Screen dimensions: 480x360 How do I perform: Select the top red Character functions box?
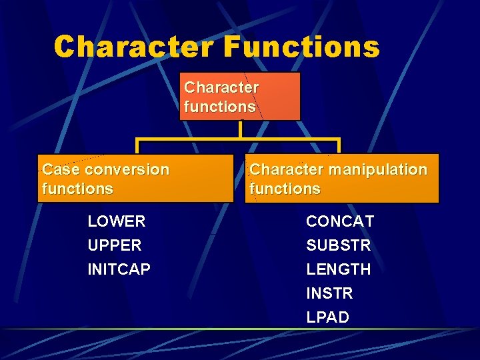(240, 97)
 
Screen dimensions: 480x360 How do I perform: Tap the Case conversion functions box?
(136, 179)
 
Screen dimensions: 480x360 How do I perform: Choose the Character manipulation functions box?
(344, 179)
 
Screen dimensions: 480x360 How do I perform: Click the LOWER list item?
(117, 221)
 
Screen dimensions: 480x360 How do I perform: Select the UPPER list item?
(115, 245)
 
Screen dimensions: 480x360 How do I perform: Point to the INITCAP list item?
(119, 269)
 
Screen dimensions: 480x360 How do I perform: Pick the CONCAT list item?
(340, 221)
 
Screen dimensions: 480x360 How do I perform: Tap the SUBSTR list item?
(339, 245)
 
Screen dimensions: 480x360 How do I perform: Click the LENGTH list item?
(339, 269)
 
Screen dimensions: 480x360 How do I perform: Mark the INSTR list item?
(329, 293)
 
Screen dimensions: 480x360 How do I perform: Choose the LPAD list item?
(327, 317)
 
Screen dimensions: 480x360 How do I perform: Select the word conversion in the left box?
(127, 169)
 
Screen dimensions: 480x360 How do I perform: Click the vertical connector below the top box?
(239, 129)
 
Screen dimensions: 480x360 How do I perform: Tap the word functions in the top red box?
(219, 107)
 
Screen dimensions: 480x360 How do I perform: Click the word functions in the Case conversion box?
(77, 189)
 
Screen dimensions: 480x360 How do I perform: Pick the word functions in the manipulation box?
(285, 189)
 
